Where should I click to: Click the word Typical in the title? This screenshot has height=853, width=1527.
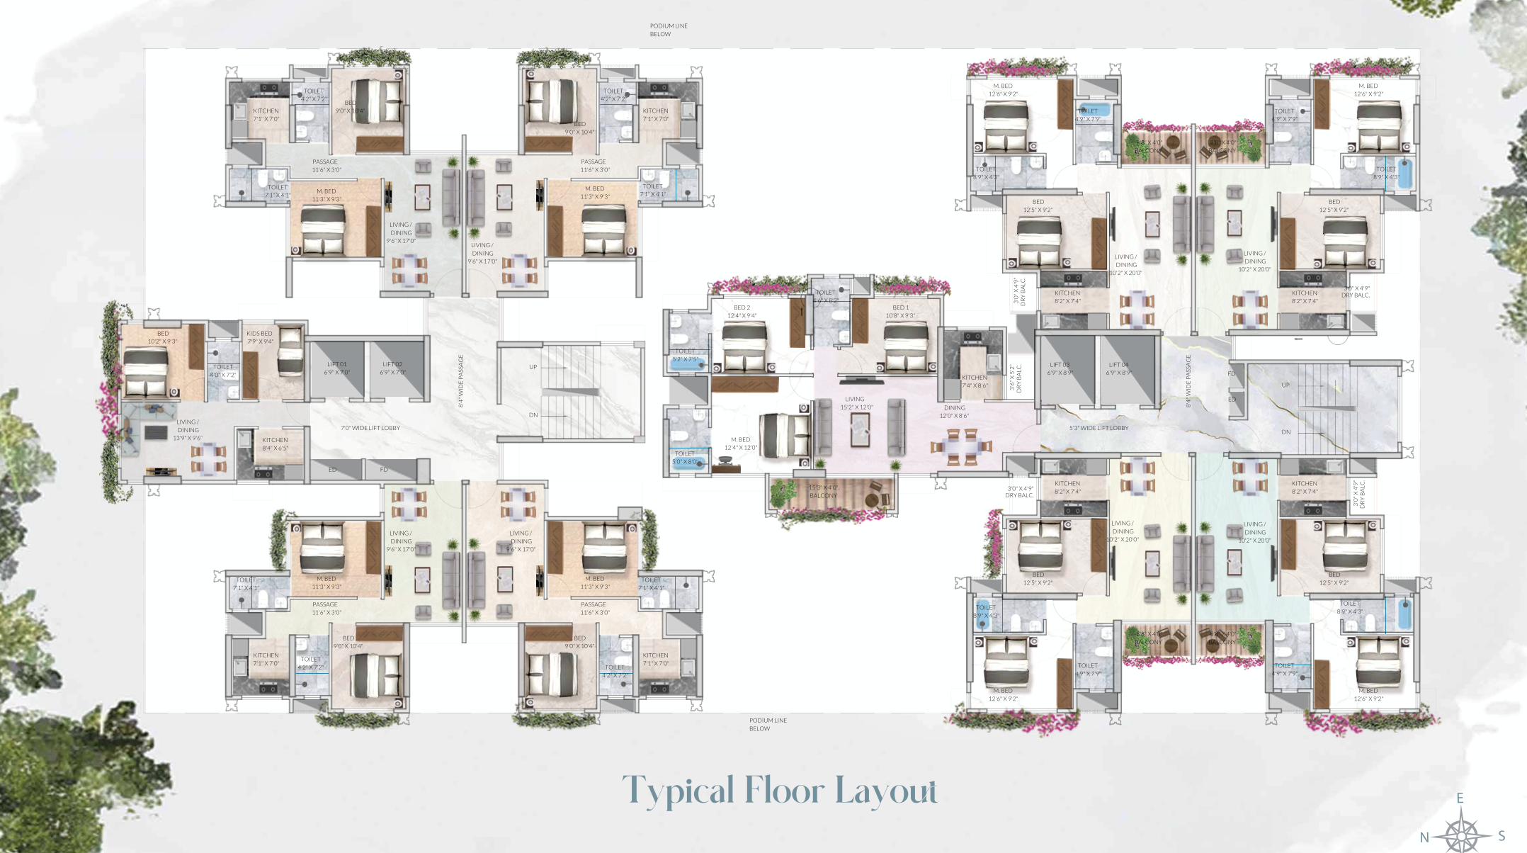pos(678,791)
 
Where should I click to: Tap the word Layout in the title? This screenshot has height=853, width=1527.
pos(885,791)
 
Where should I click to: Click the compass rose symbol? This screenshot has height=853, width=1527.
pos(1461,833)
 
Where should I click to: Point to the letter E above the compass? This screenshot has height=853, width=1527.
pos(1460,798)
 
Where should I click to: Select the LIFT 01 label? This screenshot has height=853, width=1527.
pos(337,368)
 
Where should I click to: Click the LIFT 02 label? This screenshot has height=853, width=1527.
pos(392,368)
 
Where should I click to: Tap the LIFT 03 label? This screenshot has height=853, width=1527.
pos(1060,368)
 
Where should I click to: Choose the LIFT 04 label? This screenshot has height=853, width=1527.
pos(1118,368)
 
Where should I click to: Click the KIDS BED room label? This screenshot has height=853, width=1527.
pos(259,337)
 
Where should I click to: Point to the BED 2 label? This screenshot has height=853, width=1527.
pos(742,312)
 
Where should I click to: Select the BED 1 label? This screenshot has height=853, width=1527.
pos(900,312)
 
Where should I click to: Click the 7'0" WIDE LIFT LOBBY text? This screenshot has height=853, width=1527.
pos(370,428)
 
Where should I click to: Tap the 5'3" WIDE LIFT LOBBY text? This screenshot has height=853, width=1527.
pos(1099,428)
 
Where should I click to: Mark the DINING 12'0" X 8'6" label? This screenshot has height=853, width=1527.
pos(954,412)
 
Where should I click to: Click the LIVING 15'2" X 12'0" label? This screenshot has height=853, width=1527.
pos(856,403)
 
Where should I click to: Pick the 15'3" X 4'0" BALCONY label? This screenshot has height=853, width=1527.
pos(823,492)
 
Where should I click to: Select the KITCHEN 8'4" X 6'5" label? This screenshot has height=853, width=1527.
pos(275,444)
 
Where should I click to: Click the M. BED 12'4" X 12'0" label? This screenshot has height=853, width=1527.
pos(740,444)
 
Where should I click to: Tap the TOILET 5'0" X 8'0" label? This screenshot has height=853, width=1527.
pos(684,458)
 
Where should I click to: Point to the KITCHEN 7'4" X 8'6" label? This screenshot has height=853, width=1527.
pos(975,382)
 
